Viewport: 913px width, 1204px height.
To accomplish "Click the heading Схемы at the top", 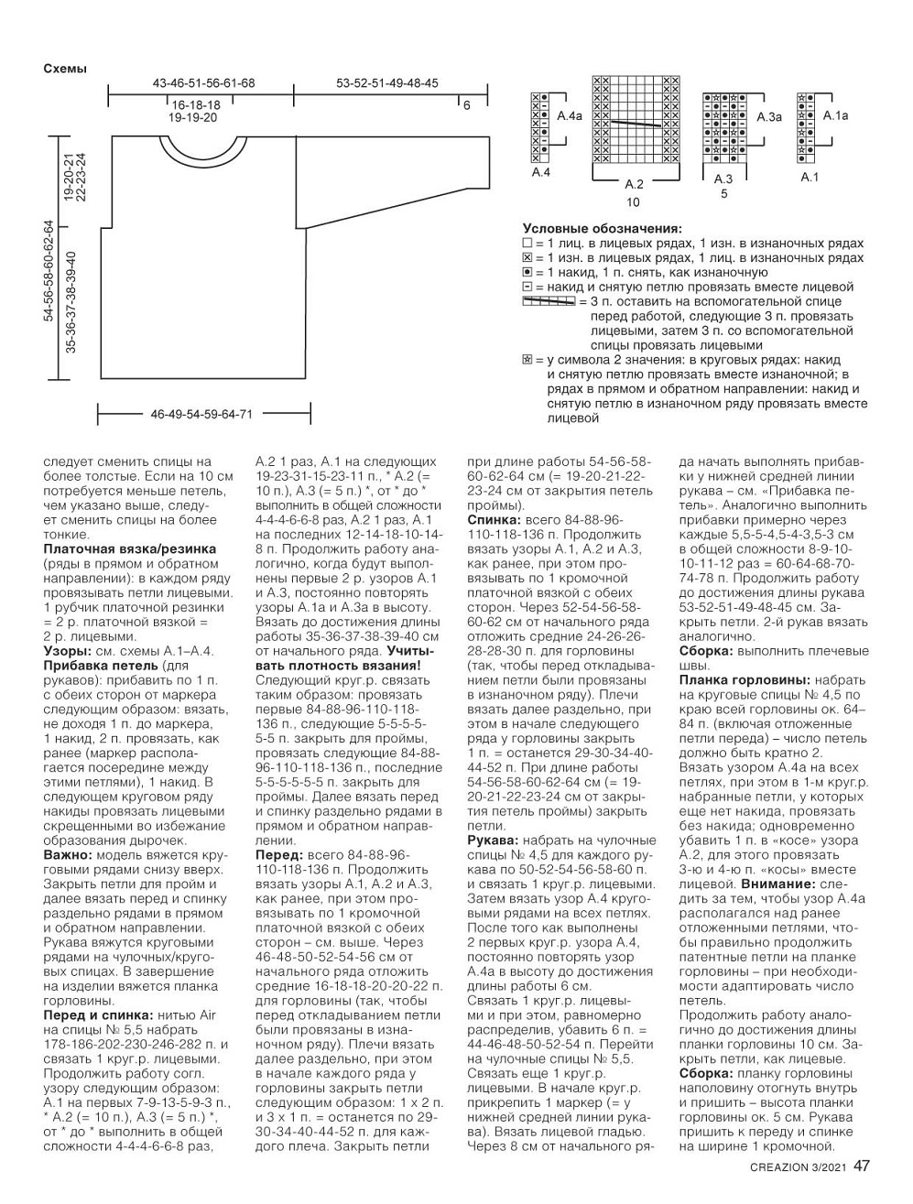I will pyautogui.click(x=65, y=68).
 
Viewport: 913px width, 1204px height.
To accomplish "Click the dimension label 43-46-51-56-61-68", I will pyautogui.click(x=203, y=83).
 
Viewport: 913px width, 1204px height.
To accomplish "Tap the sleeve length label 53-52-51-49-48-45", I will pyautogui.click(x=386, y=83).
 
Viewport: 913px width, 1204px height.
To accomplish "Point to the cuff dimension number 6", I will pyautogui.click(x=466, y=106).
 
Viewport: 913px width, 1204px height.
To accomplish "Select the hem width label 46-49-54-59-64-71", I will pyautogui.click(x=201, y=414).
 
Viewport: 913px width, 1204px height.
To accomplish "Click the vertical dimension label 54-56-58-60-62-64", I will pyautogui.click(x=49, y=270).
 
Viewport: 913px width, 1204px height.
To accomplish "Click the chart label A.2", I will pyautogui.click(x=634, y=185).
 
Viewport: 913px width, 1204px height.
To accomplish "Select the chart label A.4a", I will pyautogui.click(x=570, y=117).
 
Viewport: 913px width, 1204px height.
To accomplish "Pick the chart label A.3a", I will pyautogui.click(x=769, y=117).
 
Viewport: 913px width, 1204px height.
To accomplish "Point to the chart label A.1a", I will pyautogui.click(x=835, y=115).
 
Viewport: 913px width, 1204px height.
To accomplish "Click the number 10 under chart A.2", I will pyautogui.click(x=633, y=202).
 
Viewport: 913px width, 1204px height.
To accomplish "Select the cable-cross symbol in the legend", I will pyautogui.click(x=549, y=301).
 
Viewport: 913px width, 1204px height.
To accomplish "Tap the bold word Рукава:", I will pyautogui.click(x=495, y=840).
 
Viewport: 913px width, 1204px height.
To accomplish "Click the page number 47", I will pyautogui.click(x=862, y=1166).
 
